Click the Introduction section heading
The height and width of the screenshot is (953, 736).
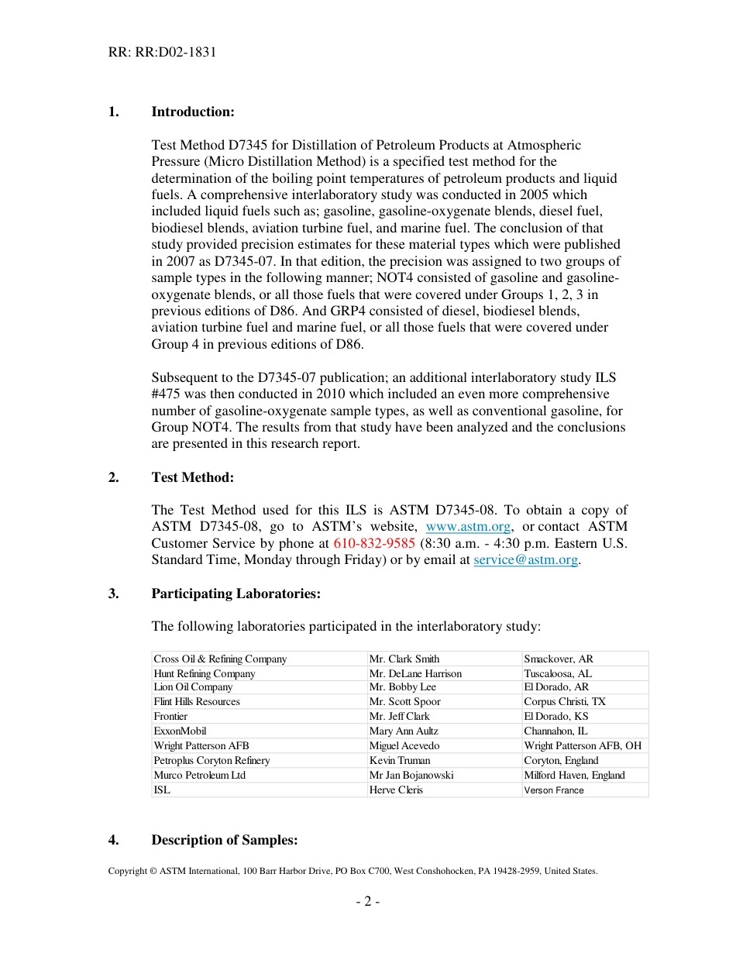click(x=192, y=112)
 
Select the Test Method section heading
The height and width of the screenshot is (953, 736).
click(x=192, y=477)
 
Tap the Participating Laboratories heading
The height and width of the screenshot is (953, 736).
click(x=236, y=593)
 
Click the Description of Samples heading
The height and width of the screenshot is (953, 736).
click(x=225, y=840)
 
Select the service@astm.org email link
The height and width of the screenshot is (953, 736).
click(x=526, y=559)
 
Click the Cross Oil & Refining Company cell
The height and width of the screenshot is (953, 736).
click(x=220, y=659)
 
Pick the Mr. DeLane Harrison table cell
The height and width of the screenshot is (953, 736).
click(x=415, y=674)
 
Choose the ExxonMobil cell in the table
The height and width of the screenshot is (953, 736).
click(x=180, y=731)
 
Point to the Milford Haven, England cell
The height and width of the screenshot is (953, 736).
click(x=574, y=775)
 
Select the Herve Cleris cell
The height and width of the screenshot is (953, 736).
click(x=396, y=790)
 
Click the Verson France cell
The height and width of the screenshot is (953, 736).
click(x=554, y=790)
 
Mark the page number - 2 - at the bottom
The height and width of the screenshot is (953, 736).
click(x=367, y=901)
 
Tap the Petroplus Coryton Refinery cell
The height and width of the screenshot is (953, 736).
click(x=212, y=760)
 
